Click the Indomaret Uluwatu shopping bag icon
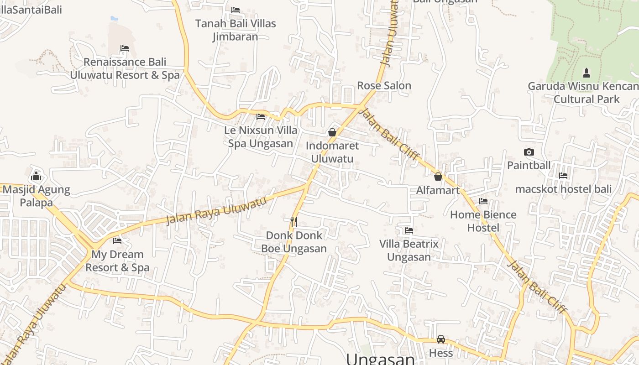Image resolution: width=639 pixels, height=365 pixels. tap(332, 132)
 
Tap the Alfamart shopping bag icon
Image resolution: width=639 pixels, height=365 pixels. tap(438, 177)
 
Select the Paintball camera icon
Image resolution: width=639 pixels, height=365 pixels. tap(529, 152)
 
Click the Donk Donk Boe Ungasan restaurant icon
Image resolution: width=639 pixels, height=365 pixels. tap(294, 222)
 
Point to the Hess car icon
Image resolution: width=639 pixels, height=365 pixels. tap(441, 339)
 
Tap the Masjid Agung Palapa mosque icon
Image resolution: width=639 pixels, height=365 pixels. tap(36, 176)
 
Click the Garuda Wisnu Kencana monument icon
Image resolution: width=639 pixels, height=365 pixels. tap(587, 73)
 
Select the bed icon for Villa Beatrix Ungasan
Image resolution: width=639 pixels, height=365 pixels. tap(409, 231)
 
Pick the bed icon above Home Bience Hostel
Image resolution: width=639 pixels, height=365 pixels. tap(483, 201)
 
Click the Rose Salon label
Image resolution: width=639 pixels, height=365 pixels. tap(384, 85)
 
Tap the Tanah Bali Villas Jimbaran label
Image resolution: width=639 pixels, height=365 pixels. tap(236, 30)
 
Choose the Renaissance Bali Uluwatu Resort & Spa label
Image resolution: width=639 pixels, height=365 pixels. tap(125, 68)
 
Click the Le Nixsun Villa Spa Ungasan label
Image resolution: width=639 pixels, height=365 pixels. tap(261, 137)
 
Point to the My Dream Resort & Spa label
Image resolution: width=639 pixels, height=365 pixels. tap(117, 261)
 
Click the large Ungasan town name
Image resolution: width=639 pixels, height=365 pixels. tap(380, 359)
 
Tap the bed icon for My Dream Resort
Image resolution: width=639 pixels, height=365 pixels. tap(117, 240)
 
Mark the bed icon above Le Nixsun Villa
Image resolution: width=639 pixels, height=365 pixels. tap(261, 117)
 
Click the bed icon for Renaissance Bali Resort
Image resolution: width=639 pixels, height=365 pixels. tap(124, 48)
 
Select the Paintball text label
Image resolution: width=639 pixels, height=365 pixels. tap(529, 165)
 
